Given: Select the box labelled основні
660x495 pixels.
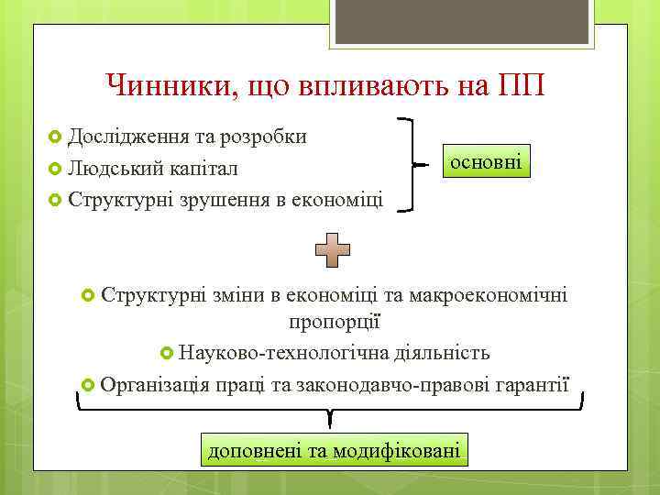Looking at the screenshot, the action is pyautogui.click(x=484, y=162).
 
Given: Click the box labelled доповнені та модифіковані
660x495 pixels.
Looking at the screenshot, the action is pyautogui.click(x=333, y=450).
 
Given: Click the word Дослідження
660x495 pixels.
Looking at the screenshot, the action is pyautogui.click(x=128, y=137).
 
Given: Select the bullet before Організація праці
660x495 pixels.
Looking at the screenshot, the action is pyautogui.click(x=88, y=383).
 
